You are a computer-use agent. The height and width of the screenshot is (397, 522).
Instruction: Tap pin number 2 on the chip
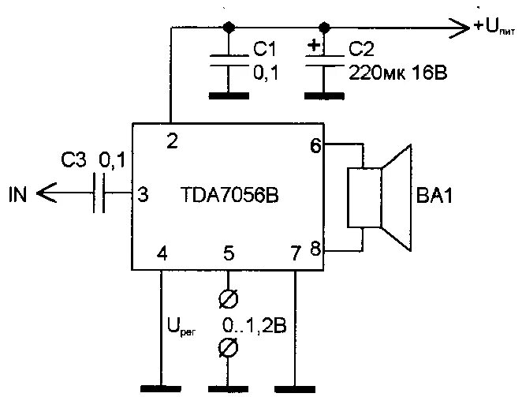pos(171,140)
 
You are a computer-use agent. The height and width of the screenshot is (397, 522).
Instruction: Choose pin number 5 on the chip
pos(229,254)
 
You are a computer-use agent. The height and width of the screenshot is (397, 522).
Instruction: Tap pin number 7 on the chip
pos(296,254)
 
